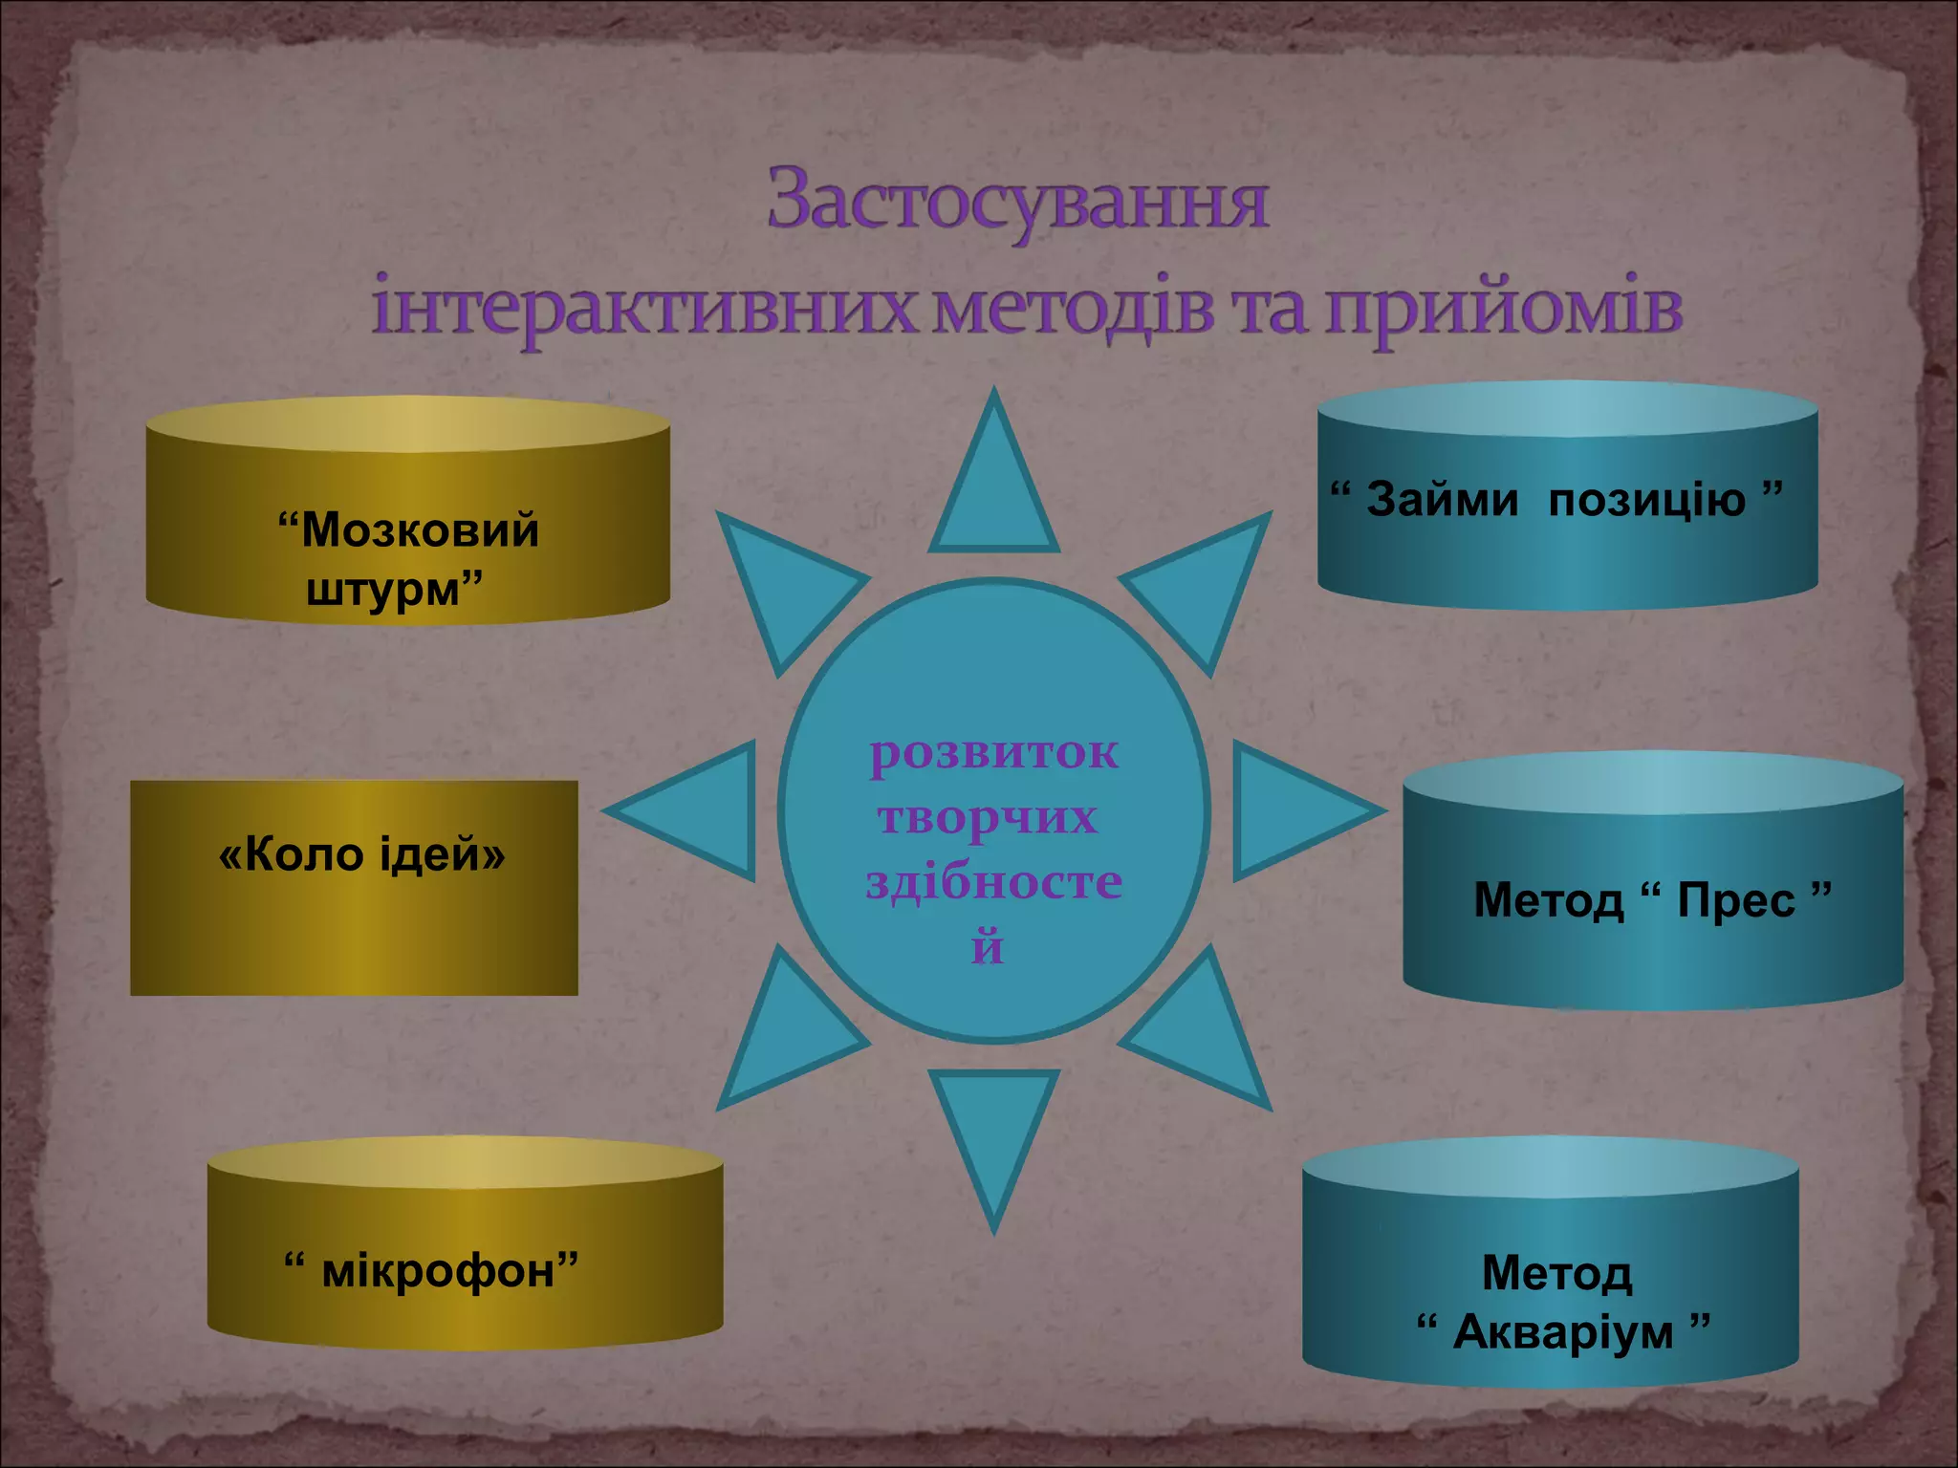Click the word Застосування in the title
1017,201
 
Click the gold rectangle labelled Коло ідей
355,888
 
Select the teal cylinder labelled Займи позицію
1567,516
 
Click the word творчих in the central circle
989,817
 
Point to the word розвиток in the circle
994,752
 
